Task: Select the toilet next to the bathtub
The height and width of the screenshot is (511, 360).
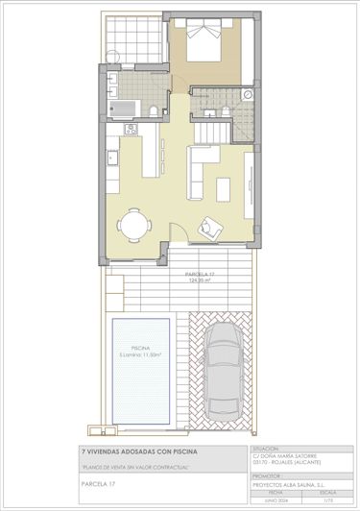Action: (154, 112)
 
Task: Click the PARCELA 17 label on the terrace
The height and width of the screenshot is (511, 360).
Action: (200, 274)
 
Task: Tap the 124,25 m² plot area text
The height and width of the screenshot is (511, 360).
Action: (200, 280)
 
